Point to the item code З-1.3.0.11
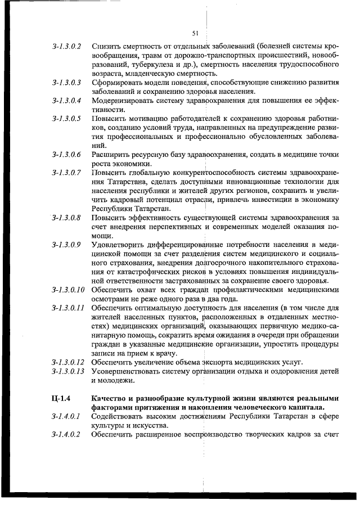(68, 308)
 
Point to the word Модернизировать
(121, 101)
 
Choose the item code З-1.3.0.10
(68, 290)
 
